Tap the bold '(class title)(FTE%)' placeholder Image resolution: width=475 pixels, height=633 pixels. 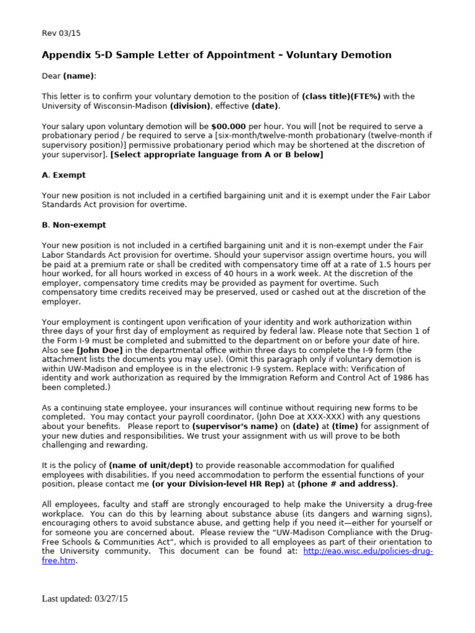341,96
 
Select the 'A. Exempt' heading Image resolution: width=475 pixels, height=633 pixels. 64,175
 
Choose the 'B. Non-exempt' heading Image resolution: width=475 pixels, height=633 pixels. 74,225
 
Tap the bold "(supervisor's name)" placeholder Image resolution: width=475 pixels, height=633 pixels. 229,427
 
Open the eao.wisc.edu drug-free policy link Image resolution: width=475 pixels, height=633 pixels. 368,551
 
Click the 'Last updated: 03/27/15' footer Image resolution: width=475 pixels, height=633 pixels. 85,599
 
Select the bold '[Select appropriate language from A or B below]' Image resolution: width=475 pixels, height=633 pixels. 216,155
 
